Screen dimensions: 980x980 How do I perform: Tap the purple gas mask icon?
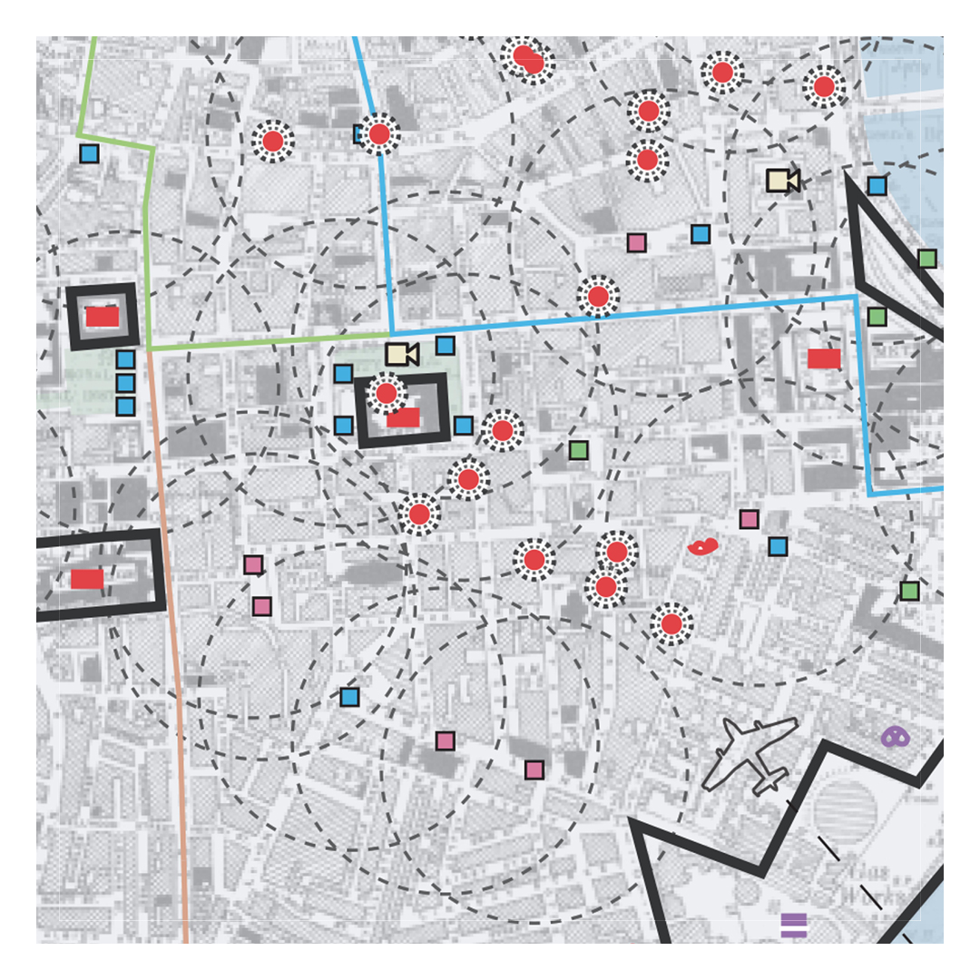(x=896, y=737)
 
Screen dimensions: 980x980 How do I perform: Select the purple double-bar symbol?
(x=793, y=925)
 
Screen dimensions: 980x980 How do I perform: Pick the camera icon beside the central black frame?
(x=401, y=354)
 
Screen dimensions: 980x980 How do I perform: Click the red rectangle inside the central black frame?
(x=403, y=417)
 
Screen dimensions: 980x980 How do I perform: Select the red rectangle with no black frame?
(x=824, y=358)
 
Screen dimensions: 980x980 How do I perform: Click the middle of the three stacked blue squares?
(x=125, y=383)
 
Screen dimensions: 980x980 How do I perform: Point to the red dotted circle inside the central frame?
(x=387, y=393)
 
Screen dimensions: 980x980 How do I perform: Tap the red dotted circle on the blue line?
(x=379, y=134)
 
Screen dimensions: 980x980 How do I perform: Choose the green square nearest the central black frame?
(x=578, y=450)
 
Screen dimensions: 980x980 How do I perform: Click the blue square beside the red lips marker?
(x=778, y=546)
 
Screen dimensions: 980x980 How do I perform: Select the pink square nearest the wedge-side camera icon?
(x=637, y=242)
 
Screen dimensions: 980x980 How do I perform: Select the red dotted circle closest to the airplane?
(x=671, y=623)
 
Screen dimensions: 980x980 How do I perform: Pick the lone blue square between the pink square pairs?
(x=349, y=697)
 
